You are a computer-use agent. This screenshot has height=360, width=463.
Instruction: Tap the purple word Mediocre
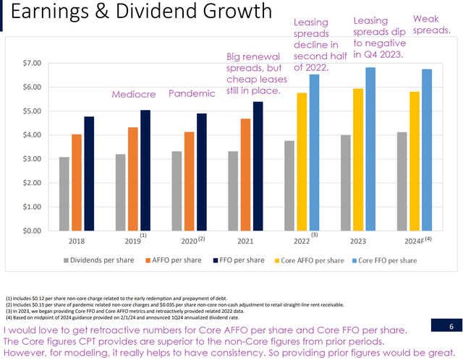134,95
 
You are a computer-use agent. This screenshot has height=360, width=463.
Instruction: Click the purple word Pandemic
192,94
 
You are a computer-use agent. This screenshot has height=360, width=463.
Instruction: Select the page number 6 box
450,327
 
